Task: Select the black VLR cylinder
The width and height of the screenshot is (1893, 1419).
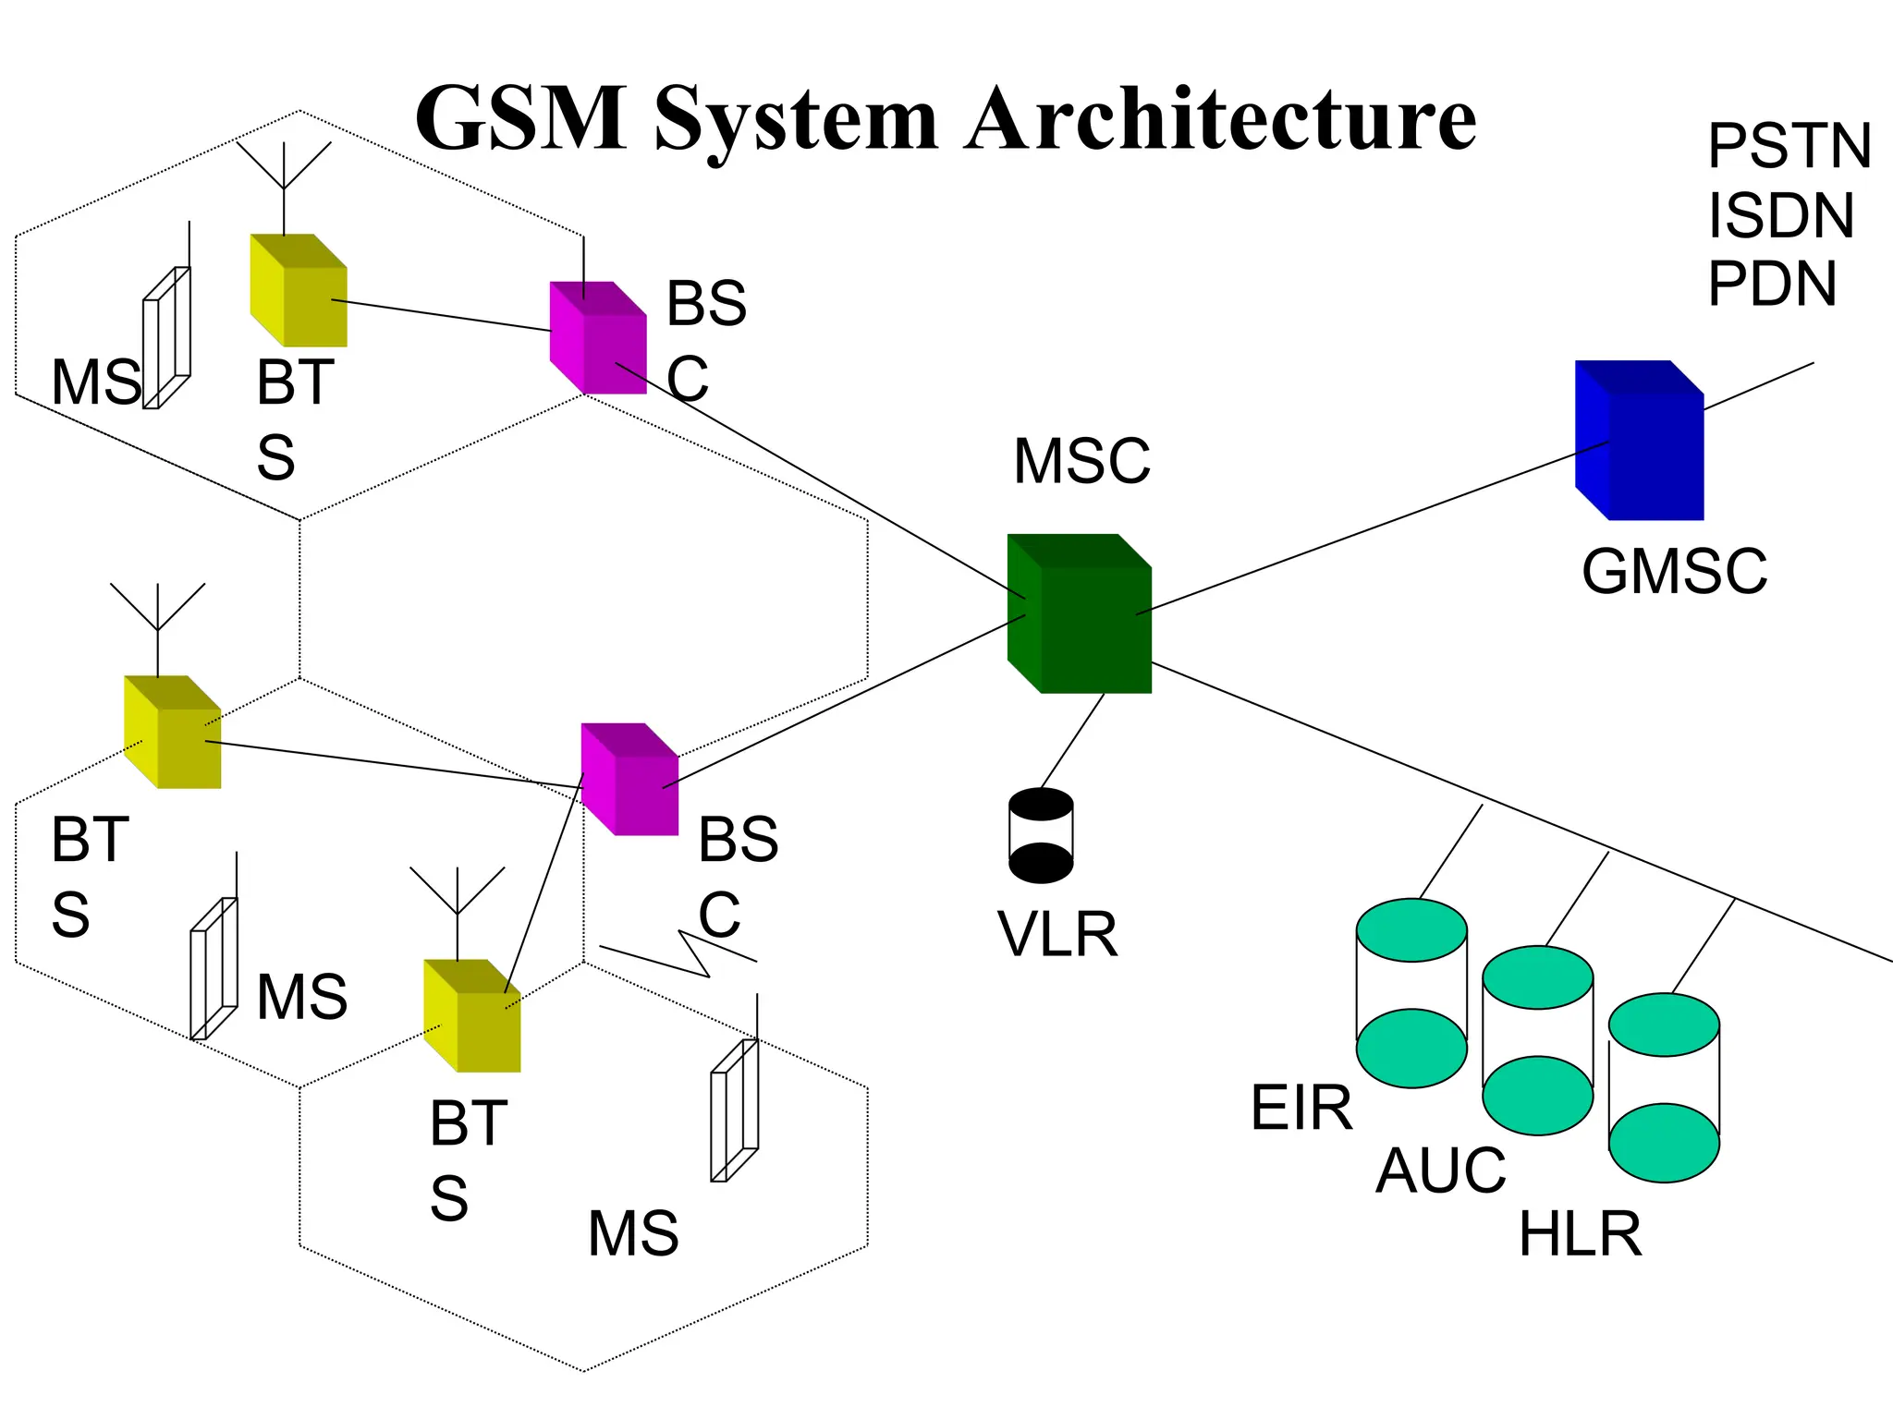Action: click(1041, 835)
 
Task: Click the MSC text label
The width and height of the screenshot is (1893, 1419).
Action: click(1081, 461)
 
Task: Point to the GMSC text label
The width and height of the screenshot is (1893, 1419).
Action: click(1674, 572)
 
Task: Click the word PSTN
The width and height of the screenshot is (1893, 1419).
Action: click(1789, 146)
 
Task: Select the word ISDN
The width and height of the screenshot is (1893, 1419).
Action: click(1780, 216)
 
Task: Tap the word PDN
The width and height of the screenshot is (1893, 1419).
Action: click(1771, 284)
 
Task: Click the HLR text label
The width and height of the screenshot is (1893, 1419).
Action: click(1580, 1234)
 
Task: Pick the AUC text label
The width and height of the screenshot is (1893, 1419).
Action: click(1440, 1170)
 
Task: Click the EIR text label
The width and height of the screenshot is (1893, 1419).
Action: click(1301, 1108)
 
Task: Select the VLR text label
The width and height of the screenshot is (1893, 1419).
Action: click(1057, 934)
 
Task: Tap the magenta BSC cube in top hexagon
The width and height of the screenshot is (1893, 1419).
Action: click(599, 339)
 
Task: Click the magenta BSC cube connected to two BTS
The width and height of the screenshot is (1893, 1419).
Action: click(630, 781)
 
